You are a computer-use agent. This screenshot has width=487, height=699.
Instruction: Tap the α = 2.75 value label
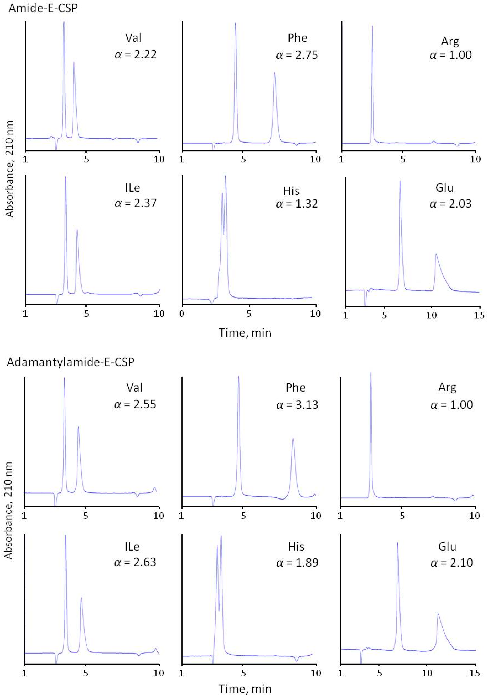pos(297,55)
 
